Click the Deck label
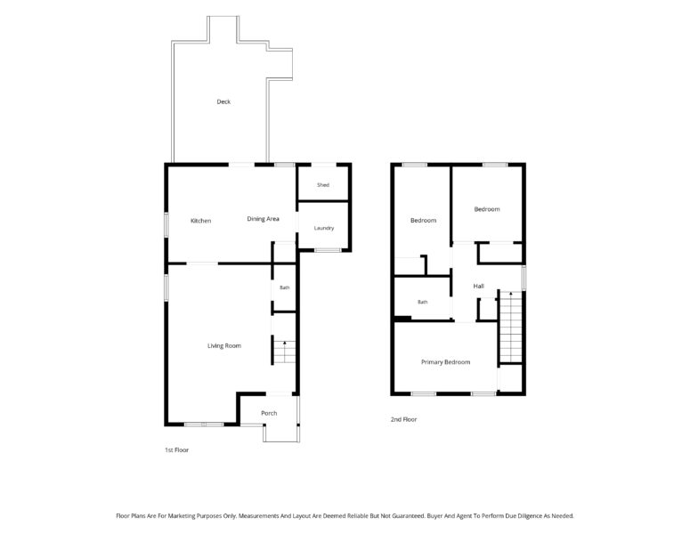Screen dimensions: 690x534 click(x=223, y=101)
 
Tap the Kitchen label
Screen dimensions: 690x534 click(x=200, y=221)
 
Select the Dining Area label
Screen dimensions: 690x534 click(x=264, y=219)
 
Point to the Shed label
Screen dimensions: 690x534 click(x=323, y=185)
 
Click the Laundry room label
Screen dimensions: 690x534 click(x=324, y=228)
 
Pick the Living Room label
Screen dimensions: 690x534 click(x=224, y=345)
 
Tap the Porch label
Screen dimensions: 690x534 click(x=269, y=413)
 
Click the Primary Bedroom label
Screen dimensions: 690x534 click(x=446, y=362)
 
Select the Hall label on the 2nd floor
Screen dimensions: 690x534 click(x=479, y=286)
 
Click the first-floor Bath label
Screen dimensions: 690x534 click(x=285, y=287)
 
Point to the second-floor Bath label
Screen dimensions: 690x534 click(x=422, y=302)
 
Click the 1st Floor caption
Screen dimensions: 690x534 click(x=177, y=450)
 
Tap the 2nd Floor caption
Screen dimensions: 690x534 click(x=403, y=419)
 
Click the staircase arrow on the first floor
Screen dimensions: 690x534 click(x=285, y=352)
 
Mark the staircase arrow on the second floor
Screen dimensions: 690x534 click(x=511, y=326)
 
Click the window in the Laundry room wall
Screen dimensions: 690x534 click(x=328, y=250)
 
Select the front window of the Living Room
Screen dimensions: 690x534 click(x=204, y=425)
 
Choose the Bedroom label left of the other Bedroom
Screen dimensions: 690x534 click(x=423, y=221)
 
